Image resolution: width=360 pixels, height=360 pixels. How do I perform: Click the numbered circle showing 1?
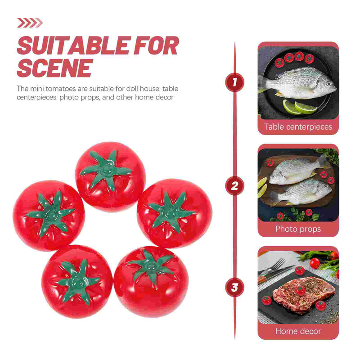tap(234, 82)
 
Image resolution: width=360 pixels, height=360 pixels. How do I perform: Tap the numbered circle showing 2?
tap(234, 186)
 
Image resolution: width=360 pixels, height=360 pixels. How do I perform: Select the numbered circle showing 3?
tap(234, 287)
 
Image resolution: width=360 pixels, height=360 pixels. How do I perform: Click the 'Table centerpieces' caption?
tap(298, 127)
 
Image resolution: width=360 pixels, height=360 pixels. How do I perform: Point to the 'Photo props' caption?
tap(298, 229)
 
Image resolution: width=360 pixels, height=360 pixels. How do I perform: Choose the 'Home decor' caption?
tap(298, 331)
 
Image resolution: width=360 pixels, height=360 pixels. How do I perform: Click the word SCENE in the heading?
tap(55, 68)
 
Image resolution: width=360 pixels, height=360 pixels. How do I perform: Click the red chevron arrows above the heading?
tap(30, 23)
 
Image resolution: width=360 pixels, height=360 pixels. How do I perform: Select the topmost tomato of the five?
tap(110, 176)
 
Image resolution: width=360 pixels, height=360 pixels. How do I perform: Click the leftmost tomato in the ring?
tap(49, 216)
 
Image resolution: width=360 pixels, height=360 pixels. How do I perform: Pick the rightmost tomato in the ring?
tap(175, 213)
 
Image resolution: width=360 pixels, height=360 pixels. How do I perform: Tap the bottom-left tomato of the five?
tap(77, 282)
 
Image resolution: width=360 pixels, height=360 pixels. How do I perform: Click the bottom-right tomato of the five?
tap(151, 282)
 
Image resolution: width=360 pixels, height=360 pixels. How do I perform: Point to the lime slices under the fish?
tap(299, 107)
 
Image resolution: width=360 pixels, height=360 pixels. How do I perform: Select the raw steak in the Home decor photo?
tap(301, 295)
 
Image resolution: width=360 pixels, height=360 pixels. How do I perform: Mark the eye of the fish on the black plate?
tap(329, 84)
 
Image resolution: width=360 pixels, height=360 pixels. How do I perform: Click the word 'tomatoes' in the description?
tap(60, 89)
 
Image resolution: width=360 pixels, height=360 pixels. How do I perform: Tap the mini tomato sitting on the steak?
tap(300, 290)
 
